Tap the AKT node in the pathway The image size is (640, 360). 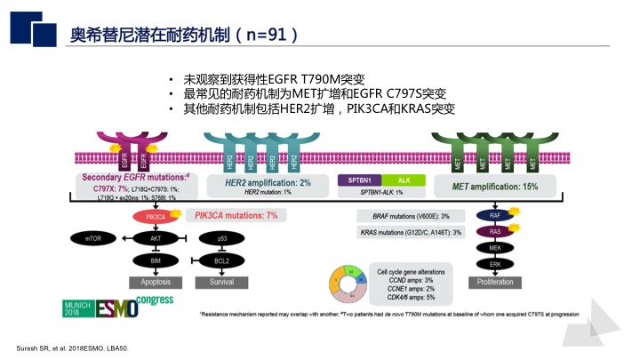pos(155,239)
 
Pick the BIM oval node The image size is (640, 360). pos(155,260)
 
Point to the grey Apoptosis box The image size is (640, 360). pos(155,281)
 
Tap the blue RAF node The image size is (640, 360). pos(495,215)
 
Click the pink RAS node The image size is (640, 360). pos(495,233)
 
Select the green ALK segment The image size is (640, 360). pos(404,180)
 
